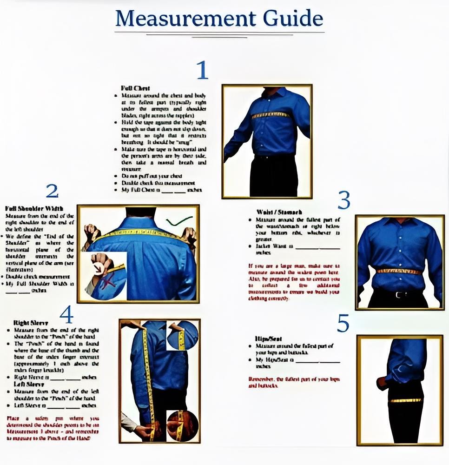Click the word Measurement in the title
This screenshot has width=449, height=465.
pos(185,18)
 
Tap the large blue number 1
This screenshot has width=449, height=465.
pos(202,70)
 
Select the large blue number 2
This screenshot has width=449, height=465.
pos(52,191)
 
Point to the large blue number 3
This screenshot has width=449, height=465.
pos(344,200)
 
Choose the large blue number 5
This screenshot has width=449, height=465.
pos(343,324)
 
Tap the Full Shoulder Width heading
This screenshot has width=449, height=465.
pos(34,208)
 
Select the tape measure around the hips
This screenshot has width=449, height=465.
pos(405,400)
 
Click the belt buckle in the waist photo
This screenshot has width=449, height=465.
pos(397,294)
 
